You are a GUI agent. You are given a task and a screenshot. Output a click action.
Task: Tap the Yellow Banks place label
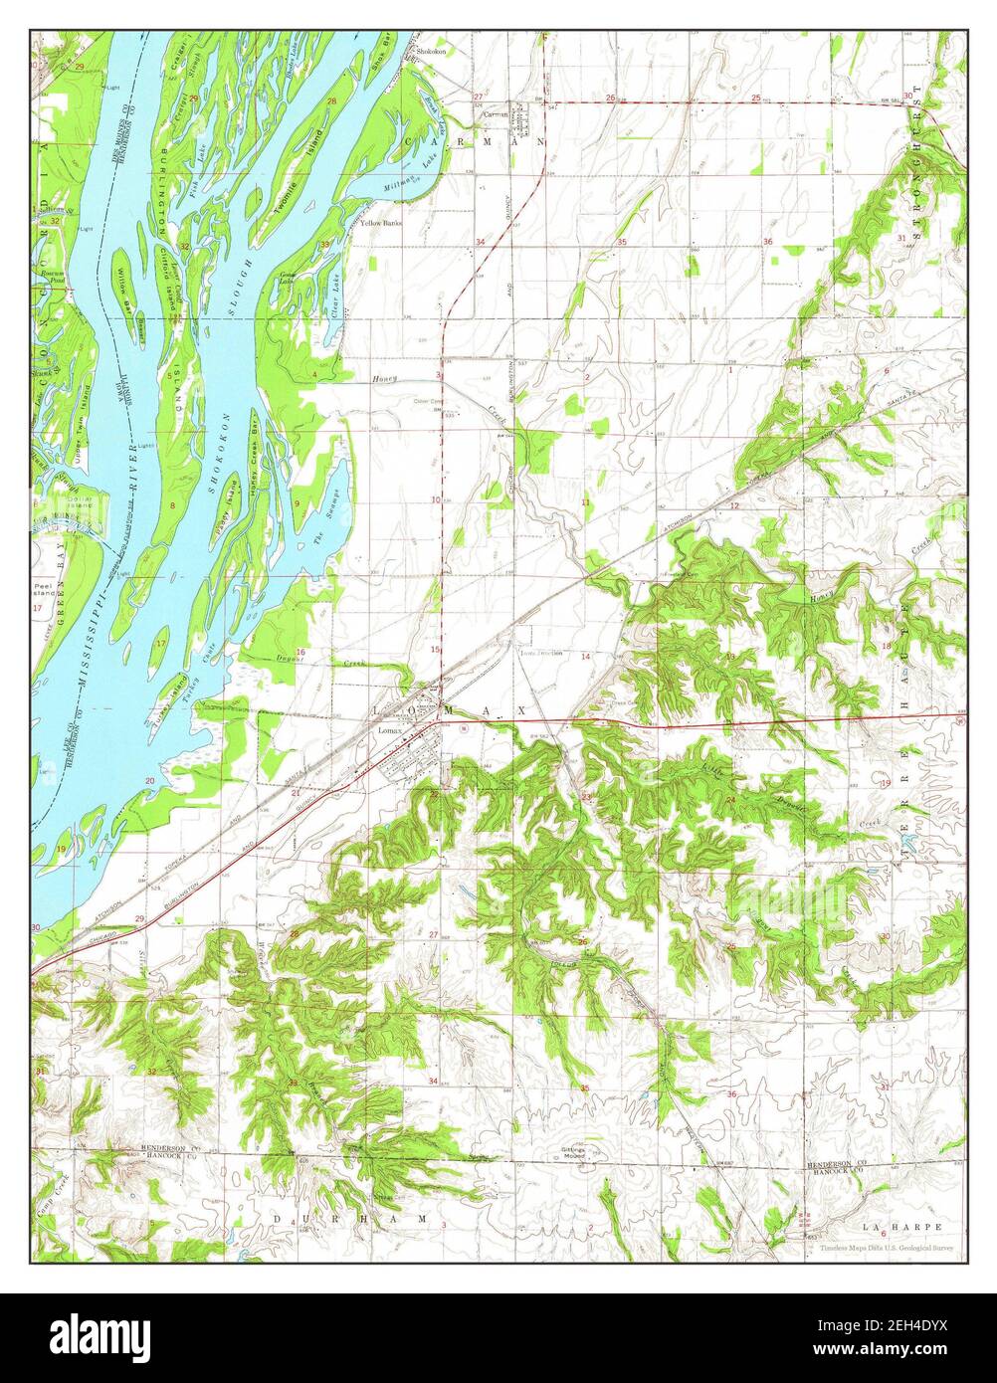381,223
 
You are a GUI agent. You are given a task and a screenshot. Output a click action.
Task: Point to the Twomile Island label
298,164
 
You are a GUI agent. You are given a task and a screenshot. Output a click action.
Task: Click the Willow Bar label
123,289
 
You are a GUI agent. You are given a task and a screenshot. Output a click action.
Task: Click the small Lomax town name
389,730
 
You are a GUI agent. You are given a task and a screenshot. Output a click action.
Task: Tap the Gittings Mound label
574,1153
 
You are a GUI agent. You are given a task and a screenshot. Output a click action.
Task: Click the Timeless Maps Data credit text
888,1248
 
